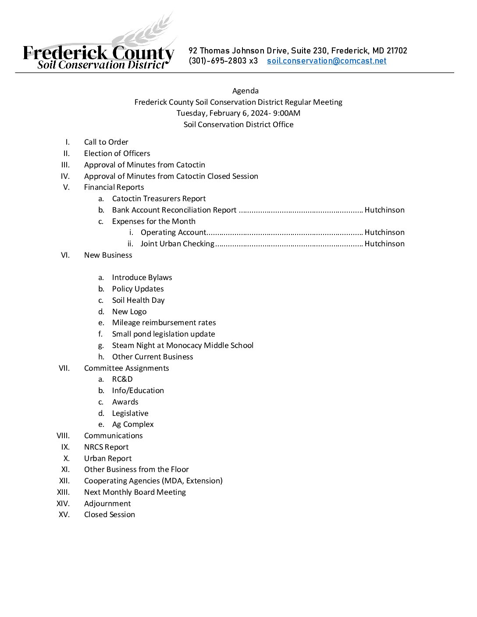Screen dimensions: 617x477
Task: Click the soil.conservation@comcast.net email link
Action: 327,61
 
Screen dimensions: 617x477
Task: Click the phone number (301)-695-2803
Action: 218,61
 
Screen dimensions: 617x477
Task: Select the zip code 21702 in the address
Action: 397,51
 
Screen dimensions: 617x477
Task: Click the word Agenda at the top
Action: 246,91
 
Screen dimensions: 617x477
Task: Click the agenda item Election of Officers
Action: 117,153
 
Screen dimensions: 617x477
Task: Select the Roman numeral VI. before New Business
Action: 65,255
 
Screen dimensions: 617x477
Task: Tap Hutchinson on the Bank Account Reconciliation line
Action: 384,210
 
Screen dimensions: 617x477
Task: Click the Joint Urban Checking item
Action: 178,244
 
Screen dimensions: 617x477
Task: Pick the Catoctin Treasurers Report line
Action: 159,199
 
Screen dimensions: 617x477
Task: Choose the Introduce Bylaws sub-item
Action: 142,277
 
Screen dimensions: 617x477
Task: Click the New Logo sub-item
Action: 129,312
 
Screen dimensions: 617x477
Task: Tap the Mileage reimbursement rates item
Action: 164,323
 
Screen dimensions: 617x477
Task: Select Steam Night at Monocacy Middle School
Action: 183,345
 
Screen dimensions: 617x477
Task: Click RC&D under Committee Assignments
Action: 122,379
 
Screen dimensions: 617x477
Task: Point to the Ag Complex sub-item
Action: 133,424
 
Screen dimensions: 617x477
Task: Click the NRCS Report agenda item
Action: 107,447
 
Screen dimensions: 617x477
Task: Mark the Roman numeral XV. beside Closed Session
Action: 64,514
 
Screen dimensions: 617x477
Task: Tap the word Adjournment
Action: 107,504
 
